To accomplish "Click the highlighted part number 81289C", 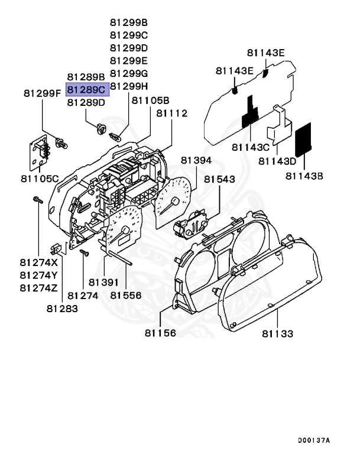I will (86, 89).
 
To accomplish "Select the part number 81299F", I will (42, 93).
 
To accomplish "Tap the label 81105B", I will (150, 100).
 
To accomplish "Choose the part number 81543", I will (219, 179).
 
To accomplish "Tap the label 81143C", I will (251, 146).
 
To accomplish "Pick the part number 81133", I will (277, 333).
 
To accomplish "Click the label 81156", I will (160, 333).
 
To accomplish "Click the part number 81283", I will (62, 307).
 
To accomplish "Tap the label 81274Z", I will (38, 288).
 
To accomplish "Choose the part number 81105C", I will (39, 178).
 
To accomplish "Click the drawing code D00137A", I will (314, 440).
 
